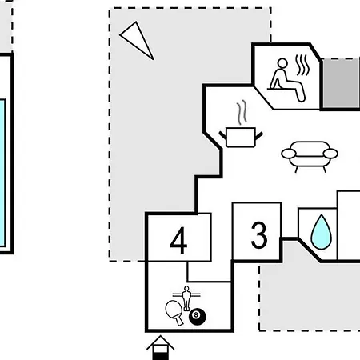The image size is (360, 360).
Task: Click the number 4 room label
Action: click(x=178, y=241)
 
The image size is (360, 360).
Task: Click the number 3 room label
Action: click(x=258, y=235)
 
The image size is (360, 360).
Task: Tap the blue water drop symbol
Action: click(x=322, y=232)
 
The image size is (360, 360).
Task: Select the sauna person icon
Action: click(x=286, y=80)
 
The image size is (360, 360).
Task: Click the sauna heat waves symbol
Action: click(x=302, y=66)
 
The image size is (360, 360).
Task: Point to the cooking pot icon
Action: click(x=241, y=138)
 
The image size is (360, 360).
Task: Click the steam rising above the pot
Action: click(x=242, y=113)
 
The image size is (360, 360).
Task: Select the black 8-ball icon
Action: click(x=198, y=317)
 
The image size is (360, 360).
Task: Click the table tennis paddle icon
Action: click(x=174, y=312)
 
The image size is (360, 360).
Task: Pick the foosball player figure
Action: click(x=186, y=298)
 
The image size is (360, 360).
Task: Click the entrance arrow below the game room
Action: click(x=160, y=347)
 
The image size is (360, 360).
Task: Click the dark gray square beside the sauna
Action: click(x=342, y=84)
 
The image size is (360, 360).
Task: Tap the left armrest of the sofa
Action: click(x=289, y=154)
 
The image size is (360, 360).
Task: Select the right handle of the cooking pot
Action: click(x=259, y=136)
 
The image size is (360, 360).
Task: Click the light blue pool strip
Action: click(x=2, y=173)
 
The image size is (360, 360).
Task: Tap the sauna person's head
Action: click(x=282, y=64)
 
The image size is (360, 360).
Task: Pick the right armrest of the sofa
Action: click(x=330, y=154)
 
